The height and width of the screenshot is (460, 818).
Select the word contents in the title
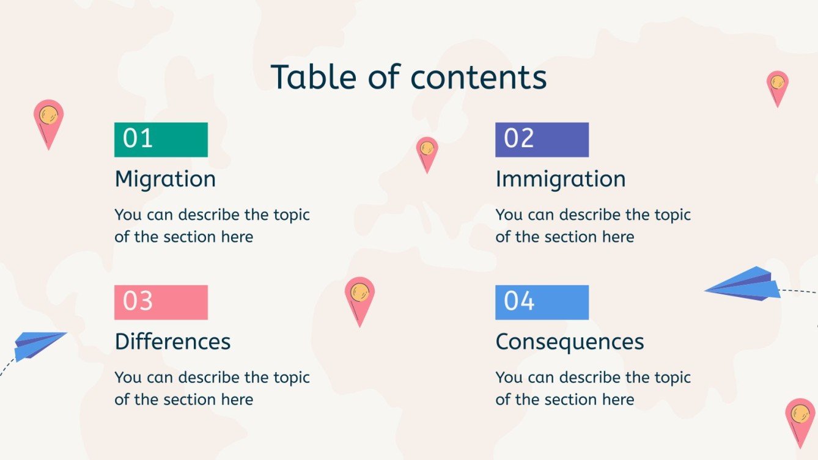point(478,78)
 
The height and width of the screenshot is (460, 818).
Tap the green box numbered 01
point(161,139)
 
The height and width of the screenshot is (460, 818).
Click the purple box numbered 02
point(542,139)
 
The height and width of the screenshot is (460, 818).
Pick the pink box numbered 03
point(161,302)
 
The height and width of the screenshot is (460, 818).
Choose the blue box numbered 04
point(542,302)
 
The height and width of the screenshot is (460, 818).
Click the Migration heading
point(165,179)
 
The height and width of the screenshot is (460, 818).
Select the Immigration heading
point(560,179)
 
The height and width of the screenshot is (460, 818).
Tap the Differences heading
point(172,341)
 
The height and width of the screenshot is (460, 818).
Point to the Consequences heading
point(569,341)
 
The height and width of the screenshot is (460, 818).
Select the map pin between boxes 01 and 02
point(427,153)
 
